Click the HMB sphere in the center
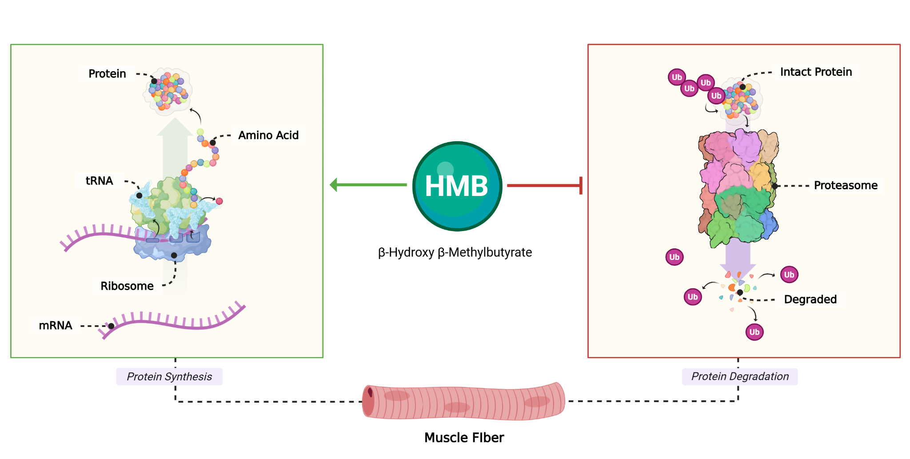[457, 186]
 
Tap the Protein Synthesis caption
[169, 377]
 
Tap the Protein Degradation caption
[740, 376]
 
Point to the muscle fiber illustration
[463, 401]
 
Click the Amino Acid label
[268, 135]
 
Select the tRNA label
[99, 181]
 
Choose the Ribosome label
[127, 286]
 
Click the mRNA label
[56, 326]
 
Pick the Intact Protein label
[816, 72]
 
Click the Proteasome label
[846, 185]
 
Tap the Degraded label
[810, 299]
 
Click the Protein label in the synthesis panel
[107, 74]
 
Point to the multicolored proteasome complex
[738, 187]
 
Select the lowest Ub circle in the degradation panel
[754, 332]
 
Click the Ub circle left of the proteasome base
[674, 257]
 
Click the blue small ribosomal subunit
[173, 247]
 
